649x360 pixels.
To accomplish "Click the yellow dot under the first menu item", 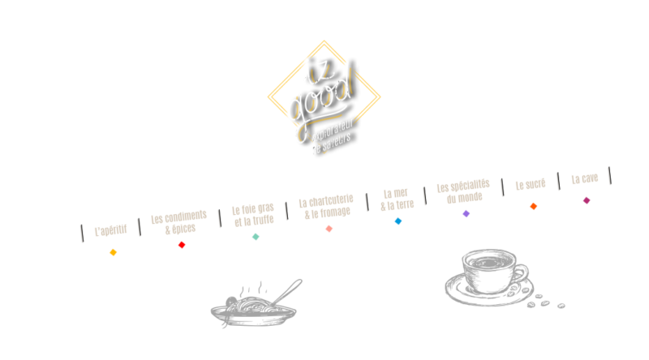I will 113,252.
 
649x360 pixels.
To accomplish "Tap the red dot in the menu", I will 182,245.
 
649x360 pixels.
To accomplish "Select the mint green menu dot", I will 256,237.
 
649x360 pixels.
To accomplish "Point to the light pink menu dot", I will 329,229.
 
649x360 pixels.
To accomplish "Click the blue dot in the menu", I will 398,221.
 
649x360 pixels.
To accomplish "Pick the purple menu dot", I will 466,213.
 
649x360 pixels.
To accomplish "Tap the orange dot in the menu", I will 533,206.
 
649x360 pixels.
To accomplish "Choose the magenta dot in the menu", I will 587,200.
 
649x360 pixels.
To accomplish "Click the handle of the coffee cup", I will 523,272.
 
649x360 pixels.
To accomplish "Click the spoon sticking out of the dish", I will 288,292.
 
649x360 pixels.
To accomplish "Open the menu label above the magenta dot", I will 584,178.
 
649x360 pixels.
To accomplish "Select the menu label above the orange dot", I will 530,184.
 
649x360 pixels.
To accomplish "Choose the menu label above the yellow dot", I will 110,230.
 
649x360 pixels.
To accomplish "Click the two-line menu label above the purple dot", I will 463,191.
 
